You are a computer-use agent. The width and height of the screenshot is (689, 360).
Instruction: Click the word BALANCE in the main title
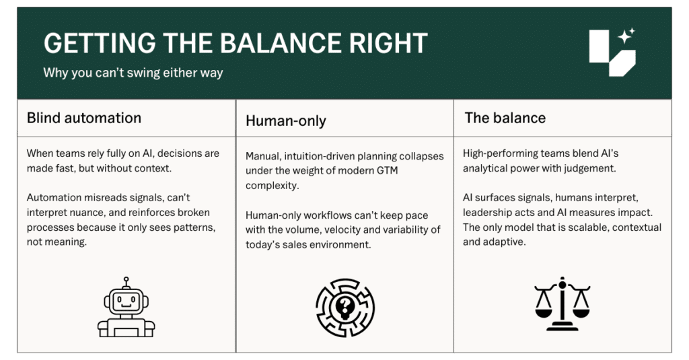[x=281, y=43]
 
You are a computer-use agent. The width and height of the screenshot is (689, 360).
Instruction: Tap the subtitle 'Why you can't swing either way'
[x=133, y=73]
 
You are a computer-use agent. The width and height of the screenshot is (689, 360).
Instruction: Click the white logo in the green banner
[x=612, y=52]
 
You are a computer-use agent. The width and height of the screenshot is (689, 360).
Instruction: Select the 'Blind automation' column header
[x=84, y=118]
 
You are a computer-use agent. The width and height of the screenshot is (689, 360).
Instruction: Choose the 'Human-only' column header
[x=285, y=120]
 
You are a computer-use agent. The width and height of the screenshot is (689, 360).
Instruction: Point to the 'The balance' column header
[x=505, y=118]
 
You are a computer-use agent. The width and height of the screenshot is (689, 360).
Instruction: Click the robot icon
[x=126, y=308]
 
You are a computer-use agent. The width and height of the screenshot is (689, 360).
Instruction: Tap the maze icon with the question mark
[x=345, y=308]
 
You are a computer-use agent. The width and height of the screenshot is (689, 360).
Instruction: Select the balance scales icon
[x=562, y=303]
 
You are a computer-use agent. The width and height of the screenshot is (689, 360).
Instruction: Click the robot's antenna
[x=126, y=282]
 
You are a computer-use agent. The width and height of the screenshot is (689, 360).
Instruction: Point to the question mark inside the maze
[x=345, y=304]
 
